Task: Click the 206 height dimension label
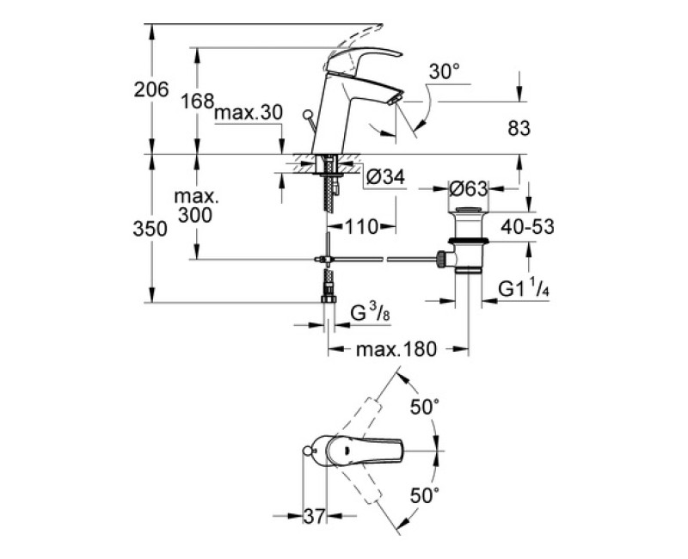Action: coord(150,89)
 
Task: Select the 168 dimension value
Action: coord(197,101)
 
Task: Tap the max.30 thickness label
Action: coord(249,114)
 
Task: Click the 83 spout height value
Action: coord(518,128)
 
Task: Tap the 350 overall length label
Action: coord(150,229)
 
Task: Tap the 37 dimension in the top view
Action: coord(316,516)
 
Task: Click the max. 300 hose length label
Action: coord(197,206)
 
